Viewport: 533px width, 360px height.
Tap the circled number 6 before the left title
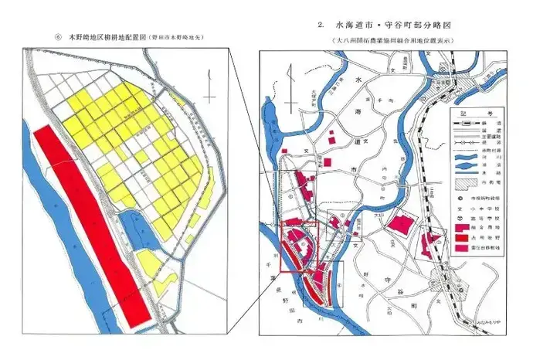point(58,36)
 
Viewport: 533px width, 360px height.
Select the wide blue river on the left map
point(62,255)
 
